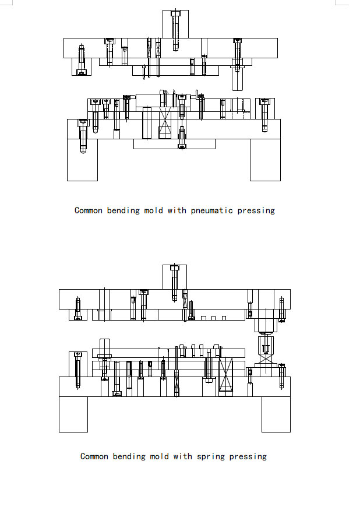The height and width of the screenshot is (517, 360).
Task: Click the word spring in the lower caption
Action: click(x=210, y=457)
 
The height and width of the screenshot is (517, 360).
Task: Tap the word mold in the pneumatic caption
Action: click(x=154, y=210)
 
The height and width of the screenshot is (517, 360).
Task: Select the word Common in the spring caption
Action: click(x=94, y=456)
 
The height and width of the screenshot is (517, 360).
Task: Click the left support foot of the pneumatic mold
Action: click(x=82, y=160)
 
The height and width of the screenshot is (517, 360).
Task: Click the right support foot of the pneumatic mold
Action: click(x=266, y=160)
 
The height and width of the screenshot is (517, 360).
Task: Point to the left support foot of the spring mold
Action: click(x=73, y=414)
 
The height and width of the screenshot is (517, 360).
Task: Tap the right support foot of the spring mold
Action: click(x=276, y=414)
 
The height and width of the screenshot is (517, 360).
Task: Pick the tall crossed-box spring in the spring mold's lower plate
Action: click(x=226, y=377)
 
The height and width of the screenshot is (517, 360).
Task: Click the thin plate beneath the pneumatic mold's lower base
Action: click(x=174, y=144)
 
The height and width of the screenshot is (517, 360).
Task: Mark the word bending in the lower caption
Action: click(x=129, y=456)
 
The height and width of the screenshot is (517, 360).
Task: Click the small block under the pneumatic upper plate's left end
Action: click(x=82, y=67)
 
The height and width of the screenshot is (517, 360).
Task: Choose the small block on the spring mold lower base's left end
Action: click(x=78, y=364)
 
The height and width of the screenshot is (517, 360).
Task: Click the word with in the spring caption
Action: click(x=183, y=456)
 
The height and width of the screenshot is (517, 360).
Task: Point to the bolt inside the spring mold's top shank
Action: click(x=175, y=283)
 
